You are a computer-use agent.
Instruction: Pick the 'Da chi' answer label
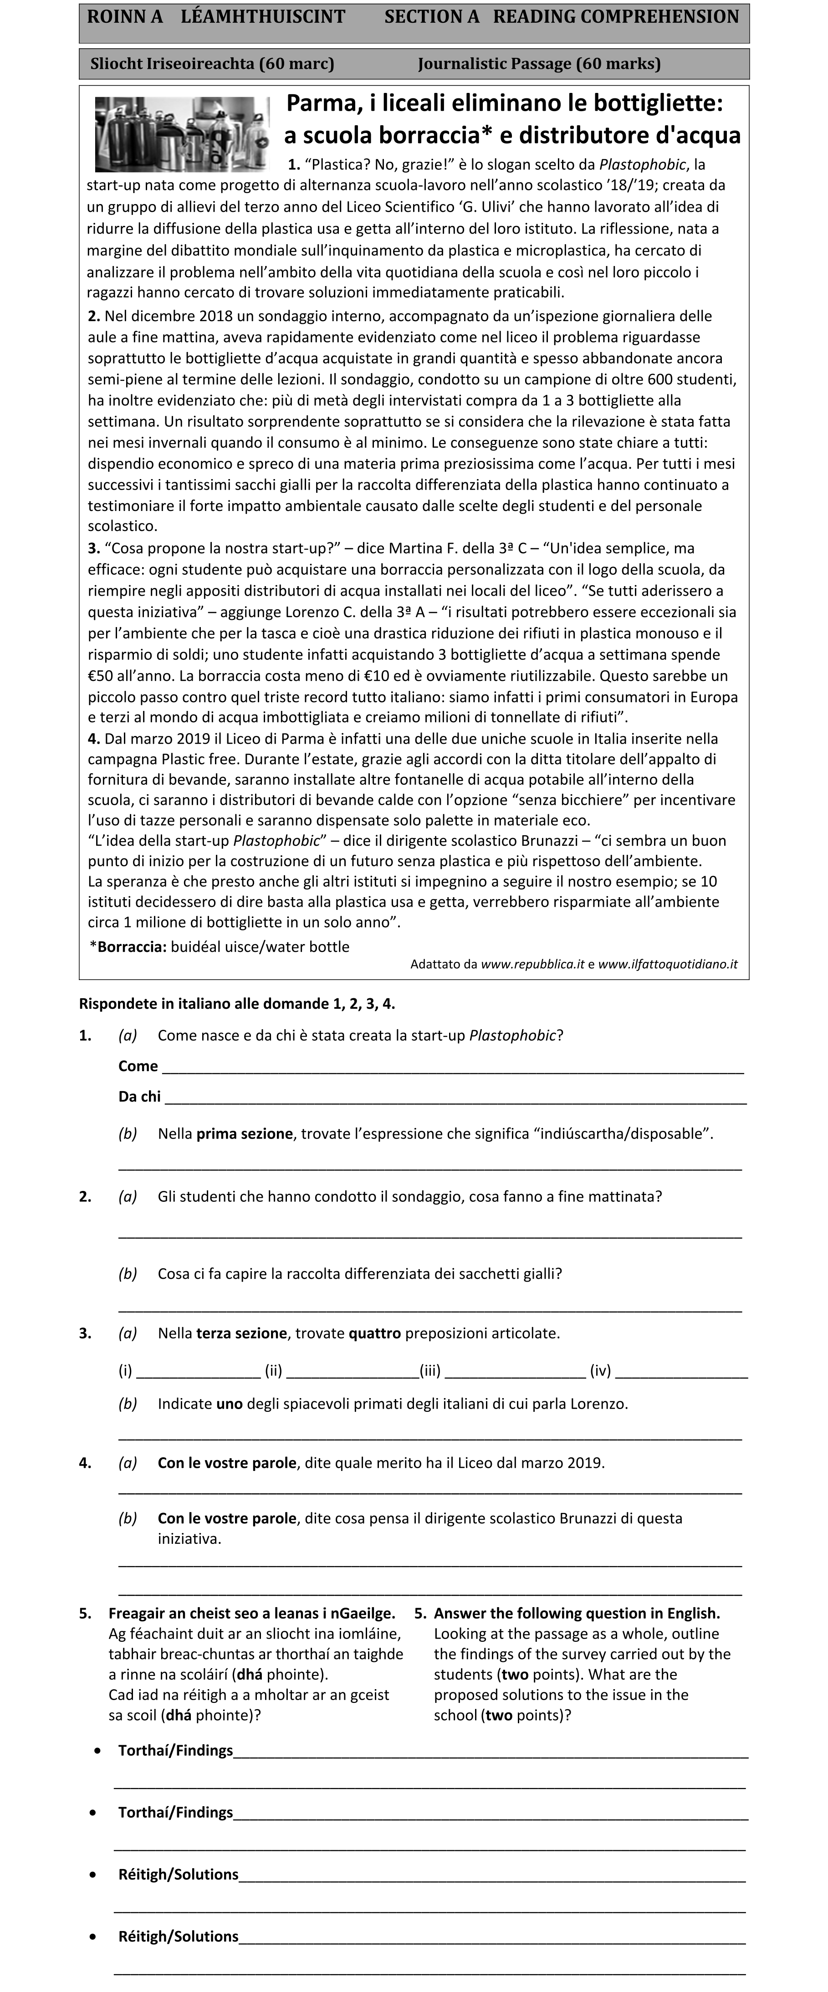click(x=139, y=1097)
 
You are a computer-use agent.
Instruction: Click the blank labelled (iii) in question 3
click(x=515, y=1371)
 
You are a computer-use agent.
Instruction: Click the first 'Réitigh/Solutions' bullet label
click(x=178, y=1875)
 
